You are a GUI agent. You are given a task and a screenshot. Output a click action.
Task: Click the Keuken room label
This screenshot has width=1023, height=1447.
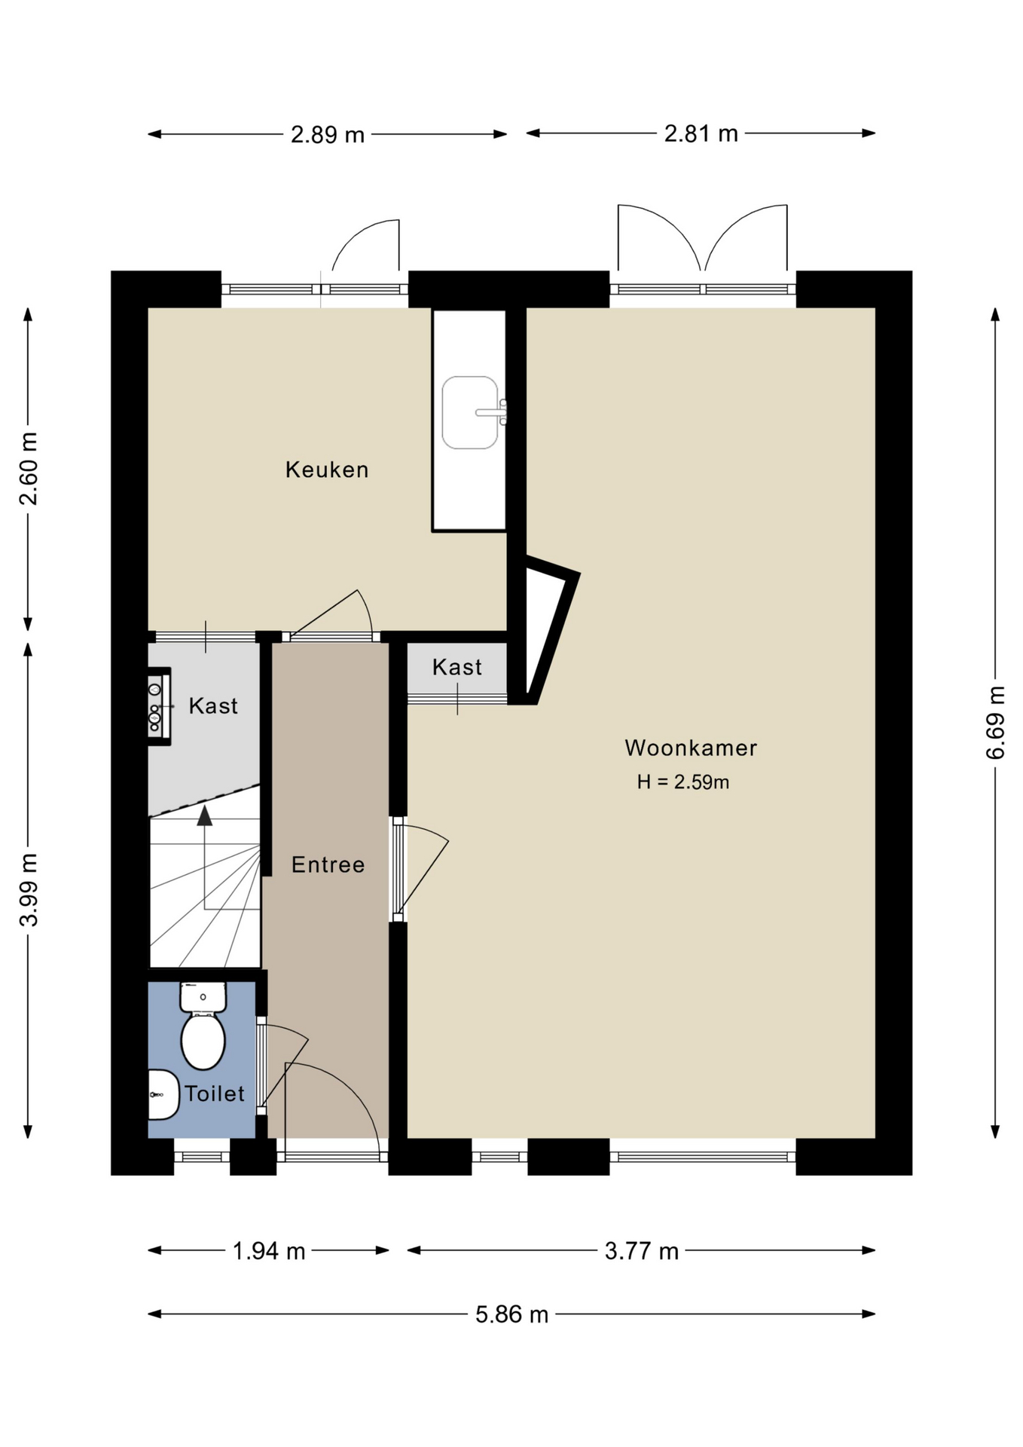pyautogui.click(x=327, y=470)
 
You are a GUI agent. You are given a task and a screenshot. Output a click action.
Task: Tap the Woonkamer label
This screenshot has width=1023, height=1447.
pyautogui.click(x=691, y=748)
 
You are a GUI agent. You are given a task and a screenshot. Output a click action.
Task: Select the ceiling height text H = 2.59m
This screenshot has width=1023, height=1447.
pyautogui.click(x=683, y=782)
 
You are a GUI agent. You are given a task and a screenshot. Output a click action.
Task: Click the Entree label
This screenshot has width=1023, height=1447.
pyautogui.click(x=328, y=864)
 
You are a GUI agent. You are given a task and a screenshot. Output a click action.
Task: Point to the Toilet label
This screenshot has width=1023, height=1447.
pyautogui.click(x=215, y=1094)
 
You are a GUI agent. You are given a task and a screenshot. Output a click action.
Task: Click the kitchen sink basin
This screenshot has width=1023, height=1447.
pyautogui.click(x=470, y=413)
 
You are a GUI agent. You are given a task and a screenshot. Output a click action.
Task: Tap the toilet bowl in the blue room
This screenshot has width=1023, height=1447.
pyautogui.click(x=203, y=1040)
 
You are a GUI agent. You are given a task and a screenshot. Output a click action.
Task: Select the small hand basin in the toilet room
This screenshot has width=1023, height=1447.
pyautogui.click(x=163, y=1095)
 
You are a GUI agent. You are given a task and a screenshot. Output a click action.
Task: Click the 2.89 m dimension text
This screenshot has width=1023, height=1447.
pyautogui.click(x=328, y=135)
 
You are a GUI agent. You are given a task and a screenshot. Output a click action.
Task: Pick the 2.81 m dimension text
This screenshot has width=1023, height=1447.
pyautogui.click(x=701, y=133)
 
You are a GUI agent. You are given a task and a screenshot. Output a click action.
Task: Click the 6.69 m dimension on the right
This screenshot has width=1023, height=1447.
pyautogui.click(x=995, y=723)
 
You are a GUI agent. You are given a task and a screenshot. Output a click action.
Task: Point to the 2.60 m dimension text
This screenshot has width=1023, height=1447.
pyautogui.click(x=29, y=469)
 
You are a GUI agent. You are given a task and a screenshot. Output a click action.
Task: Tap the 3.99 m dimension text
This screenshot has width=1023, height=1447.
pyautogui.click(x=29, y=890)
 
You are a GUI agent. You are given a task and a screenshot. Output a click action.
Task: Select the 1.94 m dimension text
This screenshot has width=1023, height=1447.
pyautogui.click(x=269, y=1251)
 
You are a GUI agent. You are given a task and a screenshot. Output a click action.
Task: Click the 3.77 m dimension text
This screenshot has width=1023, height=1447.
pyautogui.click(x=642, y=1251)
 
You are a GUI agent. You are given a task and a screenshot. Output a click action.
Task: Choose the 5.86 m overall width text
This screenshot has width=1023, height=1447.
pyautogui.click(x=511, y=1314)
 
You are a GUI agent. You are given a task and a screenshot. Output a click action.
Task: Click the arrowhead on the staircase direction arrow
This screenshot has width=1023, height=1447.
pyautogui.click(x=204, y=815)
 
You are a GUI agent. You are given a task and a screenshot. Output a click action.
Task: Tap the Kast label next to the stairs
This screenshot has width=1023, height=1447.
pyautogui.click(x=213, y=705)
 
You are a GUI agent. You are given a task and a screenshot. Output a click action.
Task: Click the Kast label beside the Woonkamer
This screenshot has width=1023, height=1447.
pyautogui.click(x=457, y=667)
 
